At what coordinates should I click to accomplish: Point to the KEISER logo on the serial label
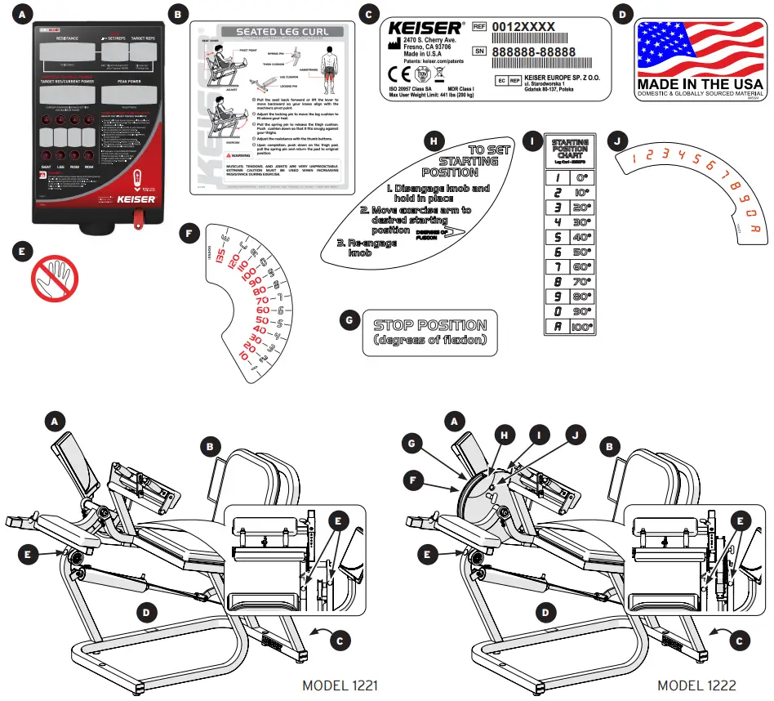click(425, 28)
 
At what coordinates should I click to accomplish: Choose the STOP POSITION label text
click(429, 325)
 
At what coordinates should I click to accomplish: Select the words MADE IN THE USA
click(700, 83)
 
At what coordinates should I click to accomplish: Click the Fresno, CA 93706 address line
click(439, 48)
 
